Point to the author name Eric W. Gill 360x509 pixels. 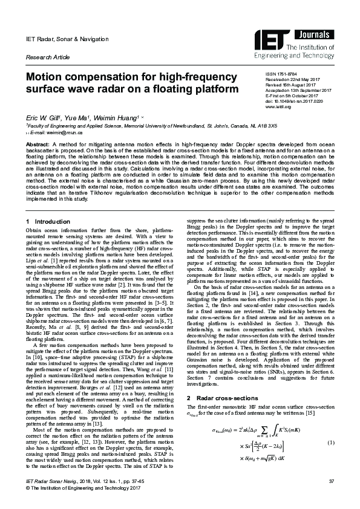(x=39, y=120)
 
